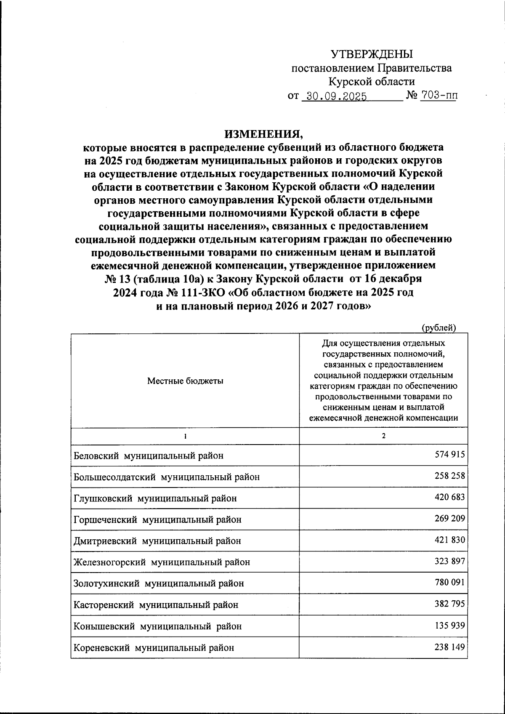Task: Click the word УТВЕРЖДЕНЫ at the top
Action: coord(372,54)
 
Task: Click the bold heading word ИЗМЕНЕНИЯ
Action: coord(263,134)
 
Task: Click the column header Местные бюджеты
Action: coord(185,381)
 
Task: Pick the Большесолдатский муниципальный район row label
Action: coord(167,477)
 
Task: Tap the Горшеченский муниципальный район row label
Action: coord(157,520)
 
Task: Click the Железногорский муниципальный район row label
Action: coord(162,562)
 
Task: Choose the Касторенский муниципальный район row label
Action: coord(156,605)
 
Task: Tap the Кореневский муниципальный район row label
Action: coord(154,648)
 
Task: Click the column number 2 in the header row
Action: coord(383,436)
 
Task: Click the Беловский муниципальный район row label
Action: coord(149,456)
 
